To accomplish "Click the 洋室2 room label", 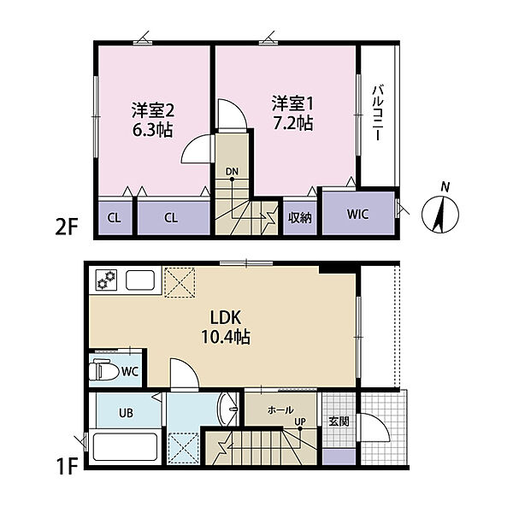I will point(152,109).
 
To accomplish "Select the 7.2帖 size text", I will point(293,124).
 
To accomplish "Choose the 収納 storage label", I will point(299,217).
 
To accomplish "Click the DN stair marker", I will point(232,171).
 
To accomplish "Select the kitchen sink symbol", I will point(140,280).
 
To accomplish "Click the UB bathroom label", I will point(125,413).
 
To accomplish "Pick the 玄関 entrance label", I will point(338,420).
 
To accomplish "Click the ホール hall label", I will point(280,410).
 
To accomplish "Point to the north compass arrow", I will point(441,210).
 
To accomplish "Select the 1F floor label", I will point(68,469).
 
